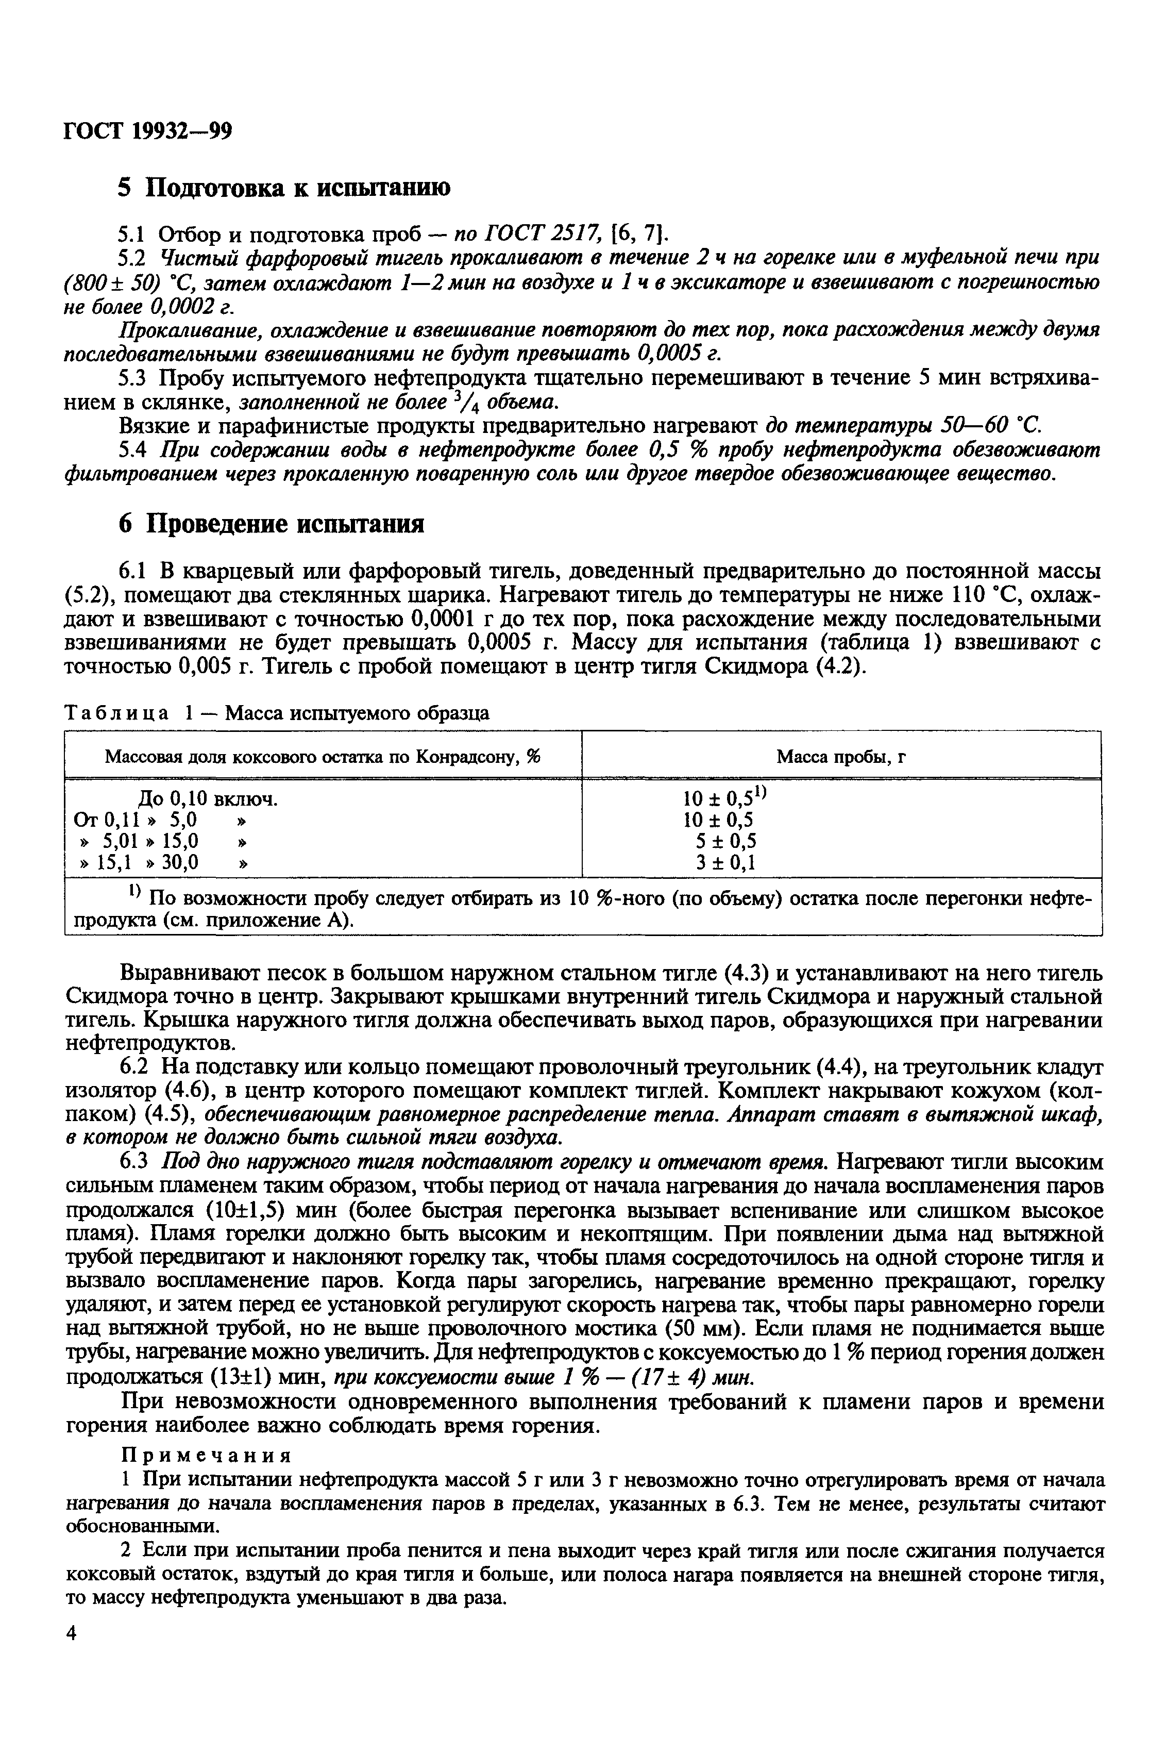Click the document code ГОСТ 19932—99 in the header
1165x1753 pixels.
[x=148, y=131]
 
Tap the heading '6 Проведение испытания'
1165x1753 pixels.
[x=271, y=525]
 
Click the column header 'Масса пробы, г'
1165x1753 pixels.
[x=842, y=757]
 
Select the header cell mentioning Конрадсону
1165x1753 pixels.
[x=323, y=757]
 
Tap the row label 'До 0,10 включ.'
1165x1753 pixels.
[x=209, y=799]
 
